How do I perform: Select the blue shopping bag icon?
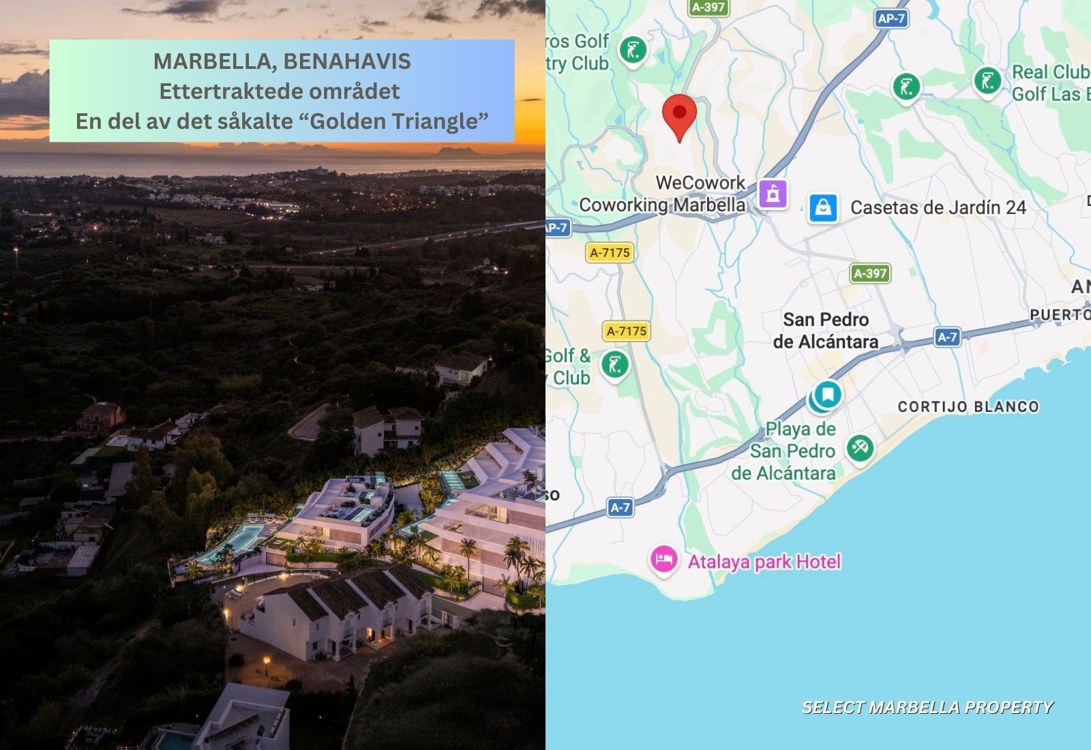(x=823, y=207)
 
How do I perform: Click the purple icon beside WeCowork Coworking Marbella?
(x=773, y=194)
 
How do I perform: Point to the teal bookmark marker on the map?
(x=827, y=395)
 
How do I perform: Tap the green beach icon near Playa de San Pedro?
(x=860, y=448)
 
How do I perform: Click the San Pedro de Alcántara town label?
(x=825, y=330)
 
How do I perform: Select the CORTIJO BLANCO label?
(x=968, y=407)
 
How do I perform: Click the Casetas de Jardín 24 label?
(x=938, y=208)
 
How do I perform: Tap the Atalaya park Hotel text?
(x=764, y=562)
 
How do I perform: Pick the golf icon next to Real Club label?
(x=987, y=81)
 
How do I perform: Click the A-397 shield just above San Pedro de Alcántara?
(x=871, y=273)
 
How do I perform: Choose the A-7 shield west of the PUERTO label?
(x=946, y=337)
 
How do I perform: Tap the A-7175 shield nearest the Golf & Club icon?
(x=627, y=331)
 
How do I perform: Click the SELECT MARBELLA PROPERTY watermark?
(x=927, y=707)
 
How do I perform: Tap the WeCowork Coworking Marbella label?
(x=661, y=194)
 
